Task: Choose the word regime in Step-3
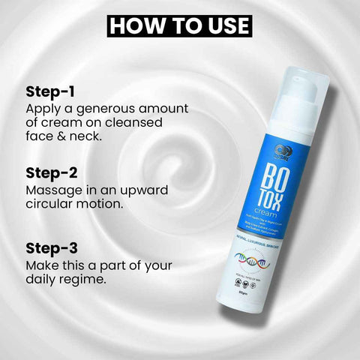(x=94, y=279)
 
